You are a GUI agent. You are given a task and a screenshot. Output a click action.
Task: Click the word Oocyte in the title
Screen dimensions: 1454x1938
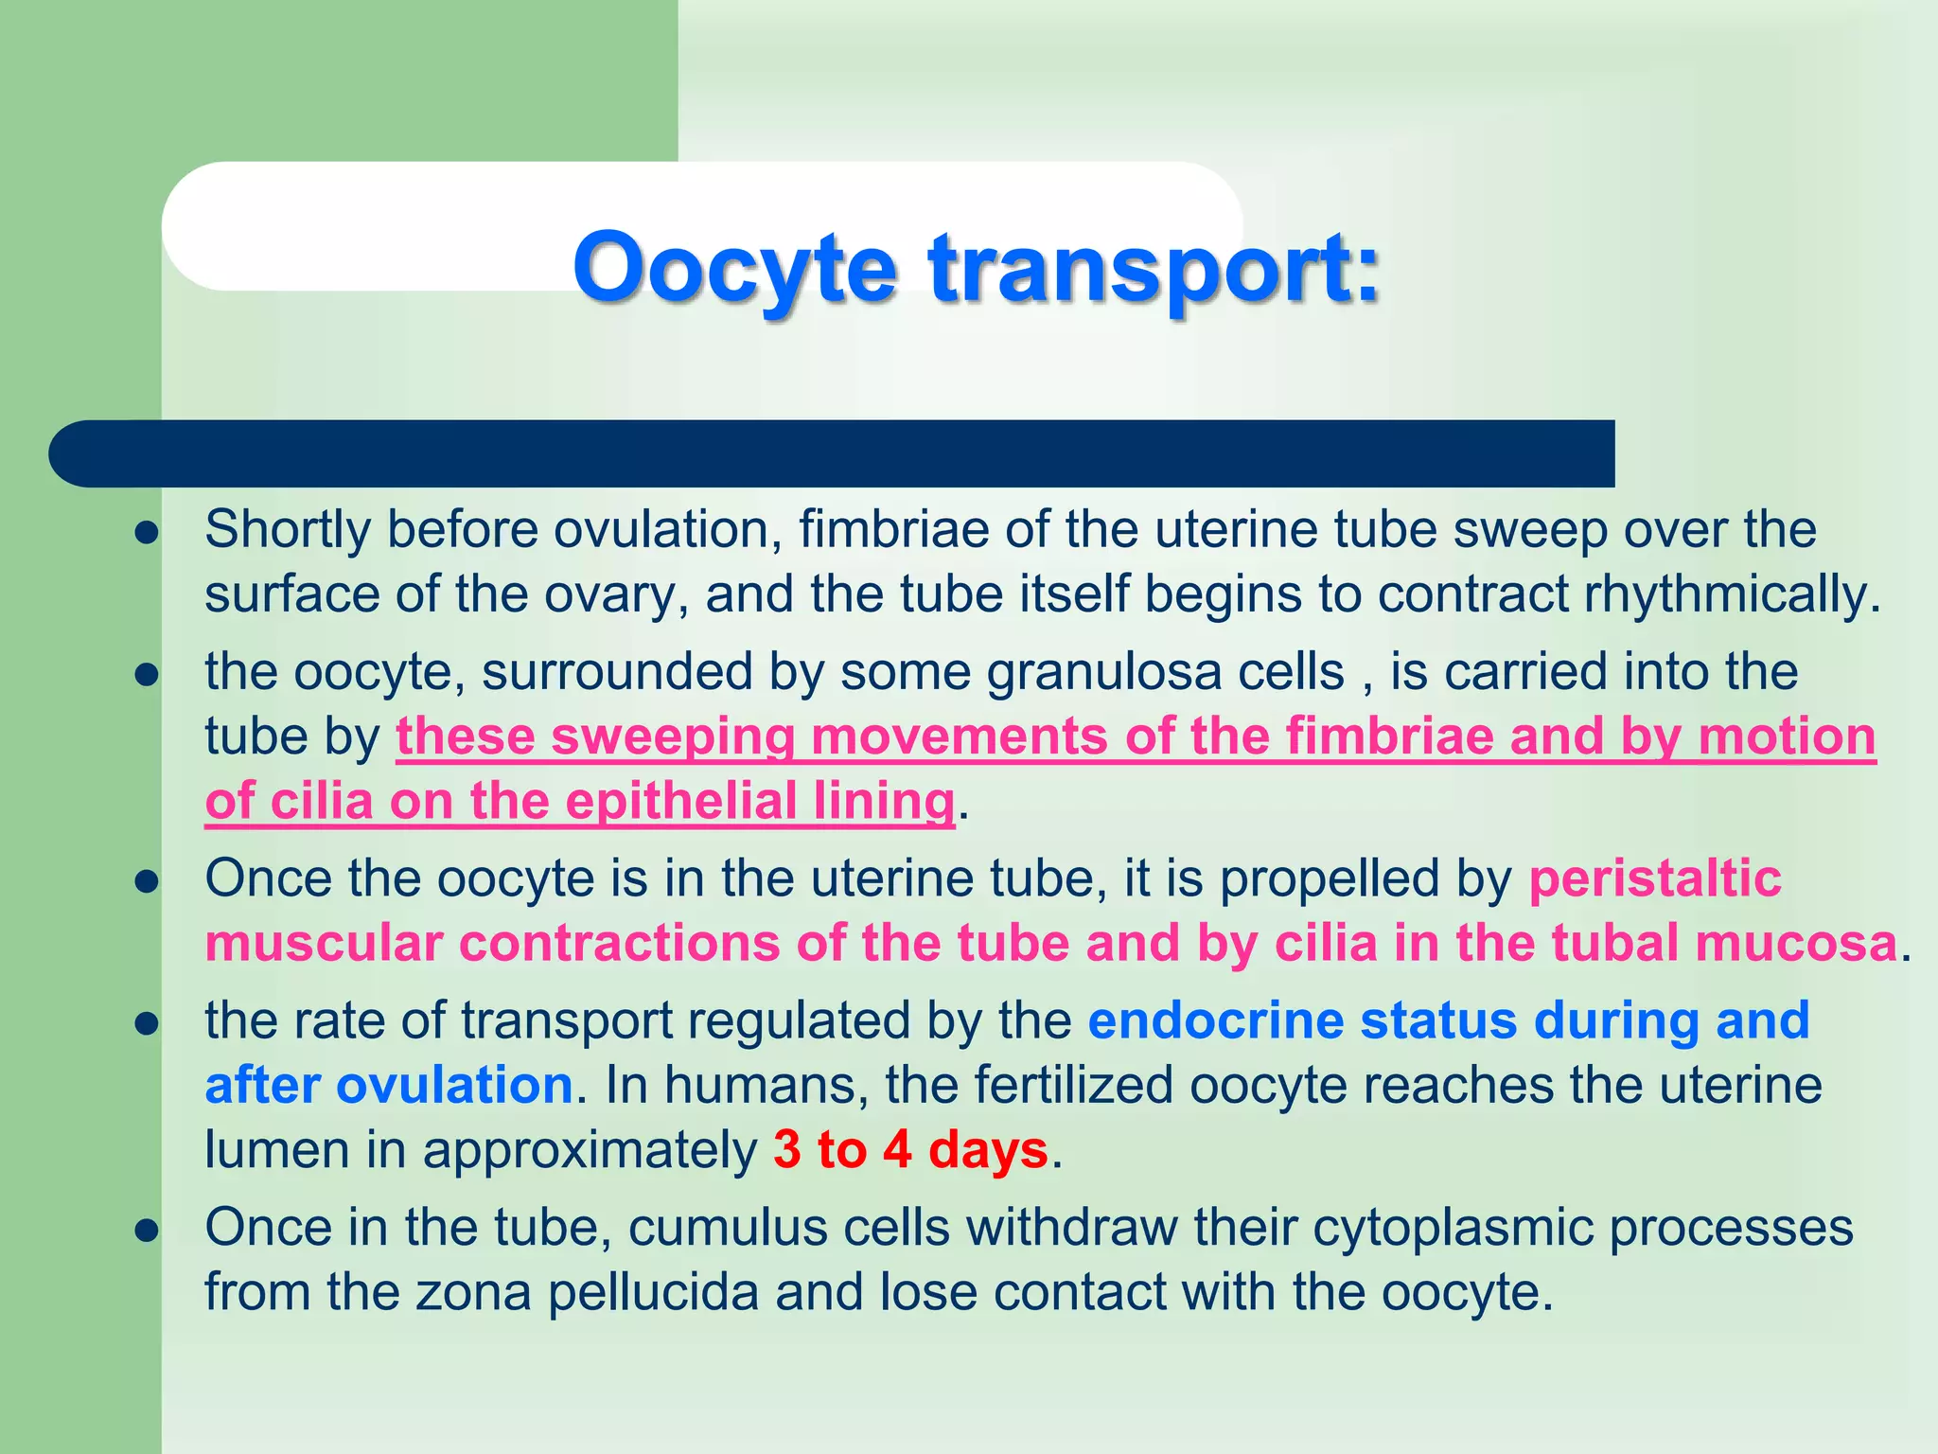734,269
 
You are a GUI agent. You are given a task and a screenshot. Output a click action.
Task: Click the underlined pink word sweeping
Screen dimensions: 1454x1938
673,736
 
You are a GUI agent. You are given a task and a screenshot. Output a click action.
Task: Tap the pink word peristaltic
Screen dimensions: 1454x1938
1655,878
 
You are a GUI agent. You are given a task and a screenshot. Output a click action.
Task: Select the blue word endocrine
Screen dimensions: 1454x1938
1215,1020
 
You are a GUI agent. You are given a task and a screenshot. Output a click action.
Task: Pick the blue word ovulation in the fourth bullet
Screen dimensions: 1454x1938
454,1085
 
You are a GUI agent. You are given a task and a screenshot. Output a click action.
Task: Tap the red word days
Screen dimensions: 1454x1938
988,1150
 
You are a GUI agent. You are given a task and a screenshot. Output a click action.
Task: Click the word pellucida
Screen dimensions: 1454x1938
653,1292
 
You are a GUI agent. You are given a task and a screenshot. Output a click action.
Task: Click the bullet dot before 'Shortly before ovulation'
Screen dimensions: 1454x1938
146,533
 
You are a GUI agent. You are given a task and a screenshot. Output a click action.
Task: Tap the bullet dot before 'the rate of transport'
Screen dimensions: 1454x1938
146,1024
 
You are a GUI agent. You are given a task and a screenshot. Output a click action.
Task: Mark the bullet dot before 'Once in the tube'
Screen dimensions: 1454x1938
146,1231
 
